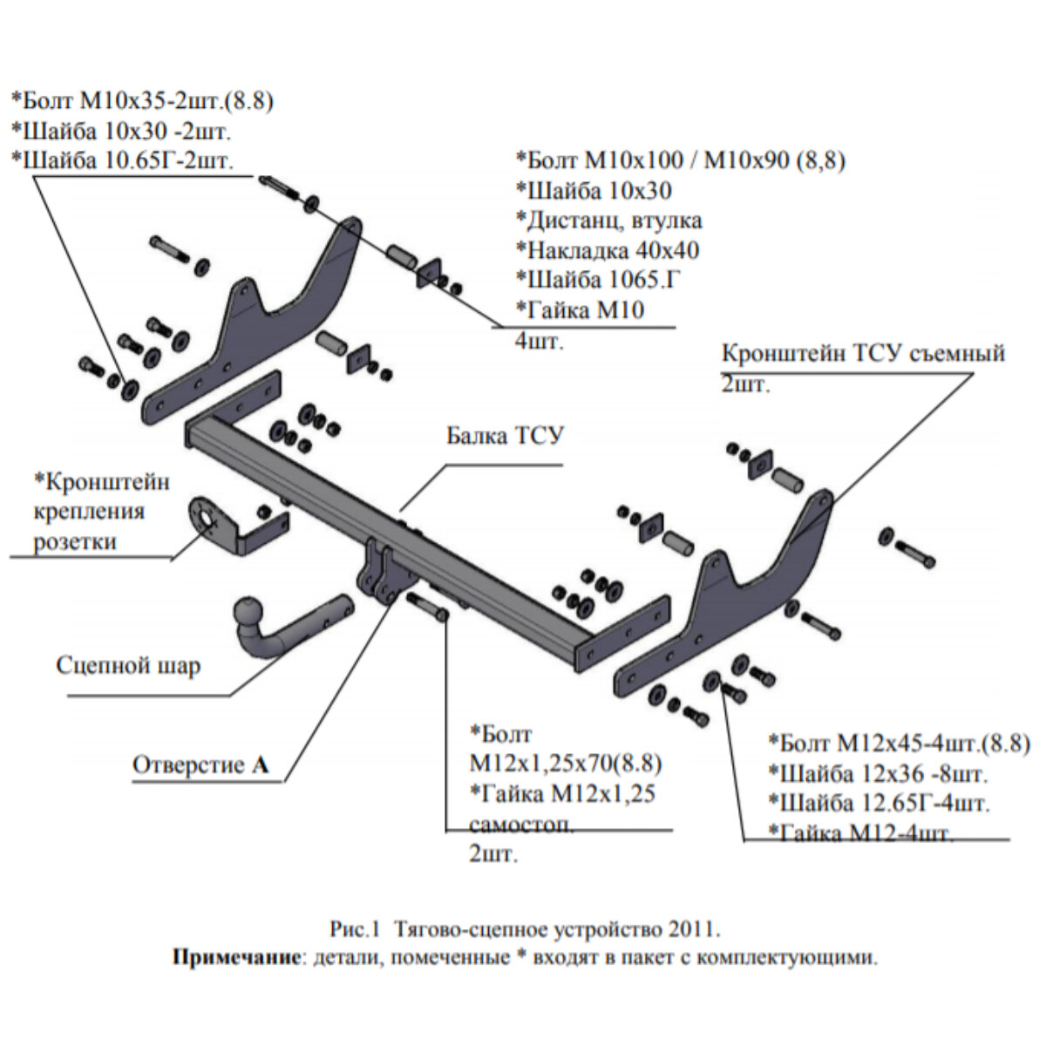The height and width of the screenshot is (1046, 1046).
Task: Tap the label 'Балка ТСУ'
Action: [x=506, y=435]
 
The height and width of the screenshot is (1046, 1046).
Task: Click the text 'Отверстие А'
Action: [x=200, y=765]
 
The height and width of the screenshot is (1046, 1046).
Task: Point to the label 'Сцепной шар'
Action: [x=128, y=666]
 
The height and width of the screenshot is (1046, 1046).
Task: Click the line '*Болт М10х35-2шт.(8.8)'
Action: [x=142, y=101]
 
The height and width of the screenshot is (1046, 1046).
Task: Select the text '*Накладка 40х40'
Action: [x=607, y=251]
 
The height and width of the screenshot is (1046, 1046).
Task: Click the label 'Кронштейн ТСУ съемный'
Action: [x=863, y=353]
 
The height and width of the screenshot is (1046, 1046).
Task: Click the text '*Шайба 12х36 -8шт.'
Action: [x=879, y=773]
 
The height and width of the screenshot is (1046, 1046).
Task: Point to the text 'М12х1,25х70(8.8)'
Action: [x=565, y=764]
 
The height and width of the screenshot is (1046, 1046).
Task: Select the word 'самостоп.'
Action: [x=521, y=825]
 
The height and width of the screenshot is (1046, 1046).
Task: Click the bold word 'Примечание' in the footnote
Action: [x=234, y=958]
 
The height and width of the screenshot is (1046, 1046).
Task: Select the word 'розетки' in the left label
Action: [x=75, y=542]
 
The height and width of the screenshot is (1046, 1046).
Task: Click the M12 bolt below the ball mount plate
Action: [x=426, y=607]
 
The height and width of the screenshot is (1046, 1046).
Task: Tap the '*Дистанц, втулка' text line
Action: [x=608, y=221]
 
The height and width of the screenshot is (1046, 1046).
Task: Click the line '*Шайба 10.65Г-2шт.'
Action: [x=123, y=160]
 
